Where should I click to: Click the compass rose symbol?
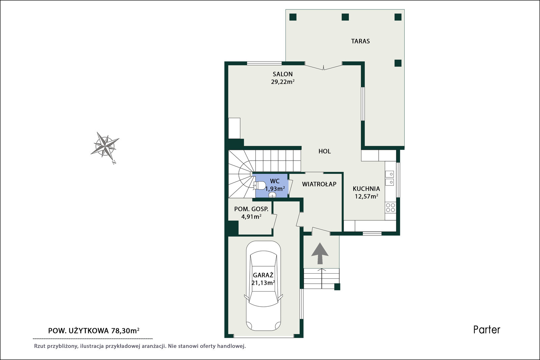105,146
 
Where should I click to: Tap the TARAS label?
360,41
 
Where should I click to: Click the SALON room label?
282,74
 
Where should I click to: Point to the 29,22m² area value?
282,82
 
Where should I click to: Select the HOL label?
324,151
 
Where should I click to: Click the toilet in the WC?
260,185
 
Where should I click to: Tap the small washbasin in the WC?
272,195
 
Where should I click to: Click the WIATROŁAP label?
319,184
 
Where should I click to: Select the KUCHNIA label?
366,189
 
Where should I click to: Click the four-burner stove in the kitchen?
390,207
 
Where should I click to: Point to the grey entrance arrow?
320,253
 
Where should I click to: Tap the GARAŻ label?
263,275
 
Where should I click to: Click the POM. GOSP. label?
251,209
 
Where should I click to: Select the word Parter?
487,330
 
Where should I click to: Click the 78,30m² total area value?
125,331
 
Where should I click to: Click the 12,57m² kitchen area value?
366,196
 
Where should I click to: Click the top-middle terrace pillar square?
345,17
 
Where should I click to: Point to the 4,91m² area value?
251,217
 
